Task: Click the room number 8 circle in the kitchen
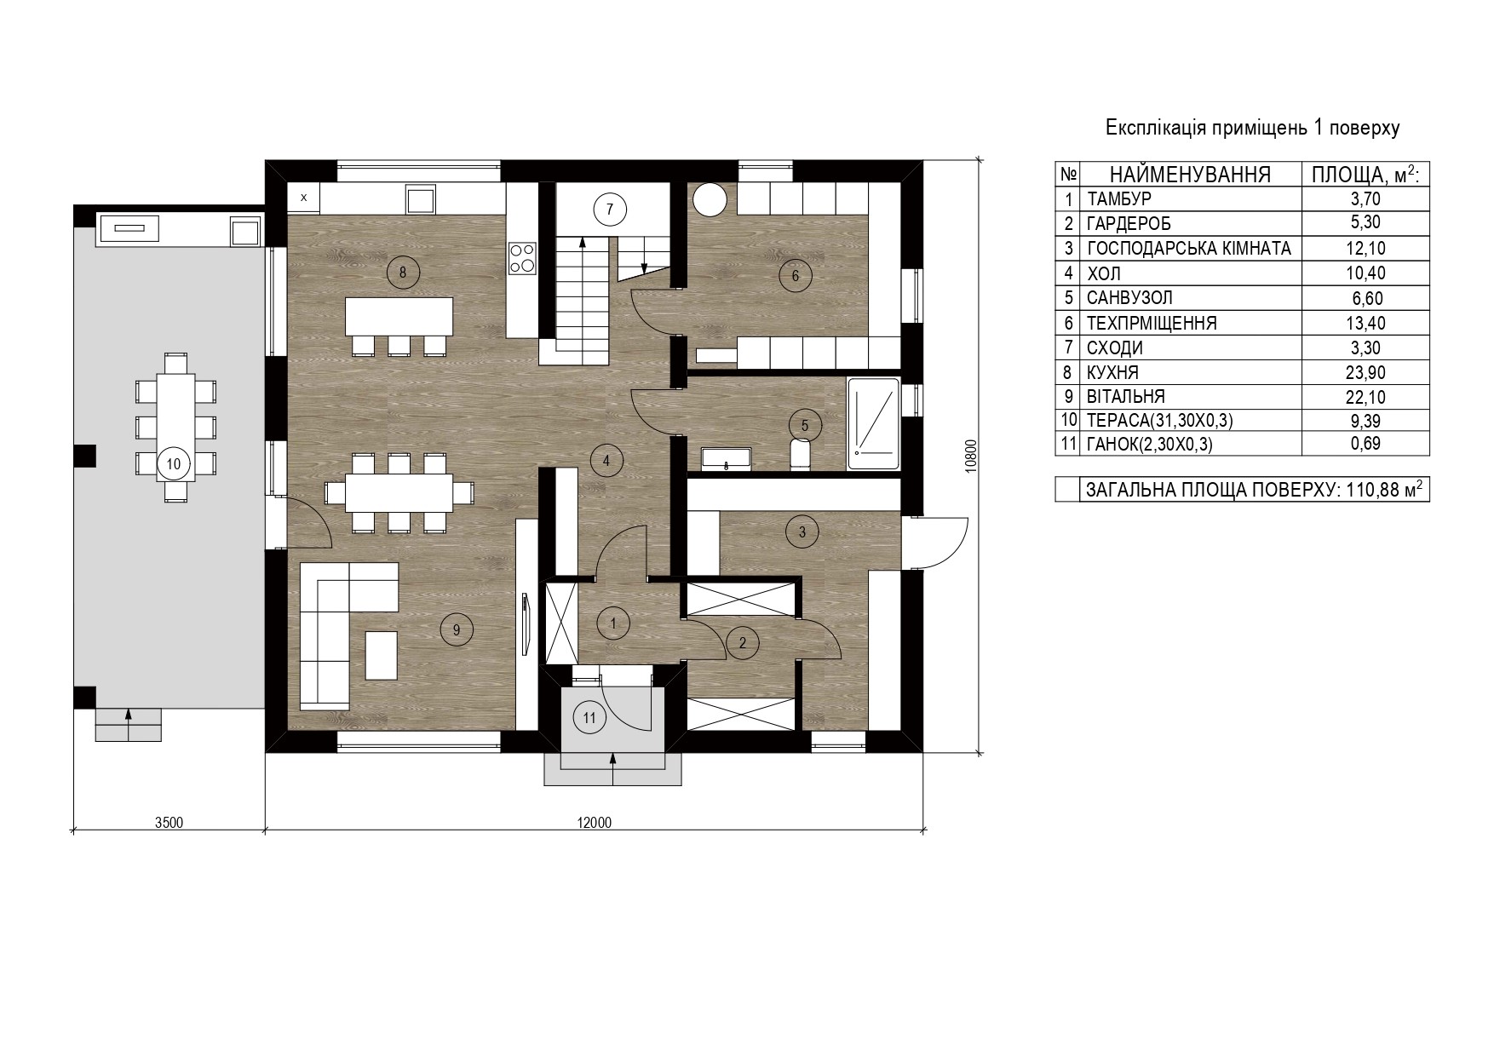coord(403,273)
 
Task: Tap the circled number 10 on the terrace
coord(174,464)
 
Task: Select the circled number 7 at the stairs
coord(610,209)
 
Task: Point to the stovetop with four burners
coord(521,258)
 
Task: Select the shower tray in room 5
coord(874,424)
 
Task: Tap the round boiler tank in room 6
coord(710,199)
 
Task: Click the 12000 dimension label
coord(594,823)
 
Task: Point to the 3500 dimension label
coord(169,823)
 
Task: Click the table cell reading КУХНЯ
coord(1112,372)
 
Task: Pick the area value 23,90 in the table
coord(1365,372)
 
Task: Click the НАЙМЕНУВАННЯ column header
coord(1190,175)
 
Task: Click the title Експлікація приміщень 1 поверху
coord(1253,129)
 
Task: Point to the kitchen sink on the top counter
coord(422,200)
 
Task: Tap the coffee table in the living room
coord(382,654)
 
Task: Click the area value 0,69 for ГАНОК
coord(1365,444)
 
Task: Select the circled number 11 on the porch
coord(589,717)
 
